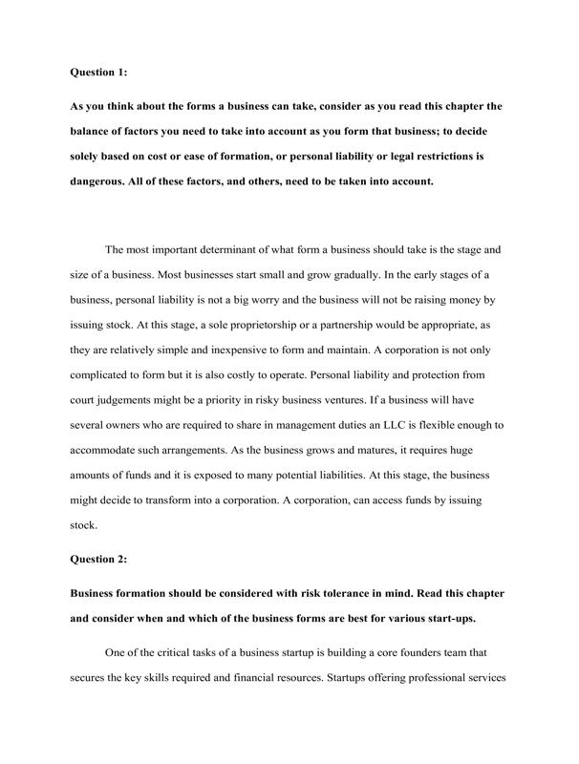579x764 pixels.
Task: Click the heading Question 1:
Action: [x=101, y=71]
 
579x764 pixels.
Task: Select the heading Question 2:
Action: [x=101, y=561]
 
